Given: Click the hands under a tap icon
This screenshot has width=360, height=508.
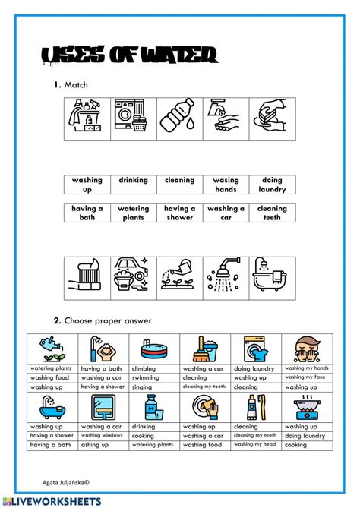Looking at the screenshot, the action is pyautogui.click(x=225, y=118).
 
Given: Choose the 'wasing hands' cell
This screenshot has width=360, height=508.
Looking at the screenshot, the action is pyautogui.click(x=226, y=185).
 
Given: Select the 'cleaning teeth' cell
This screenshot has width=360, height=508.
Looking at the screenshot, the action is pyautogui.click(x=272, y=213).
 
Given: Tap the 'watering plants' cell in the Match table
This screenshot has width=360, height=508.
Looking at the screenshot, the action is pyautogui.click(x=133, y=213).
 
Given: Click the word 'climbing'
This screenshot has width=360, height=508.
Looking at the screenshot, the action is pyautogui.click(x=144, y=368).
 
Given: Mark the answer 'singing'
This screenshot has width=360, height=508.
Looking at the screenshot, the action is pyautogui.click(x=142, y=387).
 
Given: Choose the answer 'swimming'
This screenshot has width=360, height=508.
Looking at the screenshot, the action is pyautogui.click(x=146, y=377).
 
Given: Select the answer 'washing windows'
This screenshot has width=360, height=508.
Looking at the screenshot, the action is pyautogui.click(x=102, y=435).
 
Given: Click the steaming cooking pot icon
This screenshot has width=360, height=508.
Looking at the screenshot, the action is pyautogui.click(x=306, y=407).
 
